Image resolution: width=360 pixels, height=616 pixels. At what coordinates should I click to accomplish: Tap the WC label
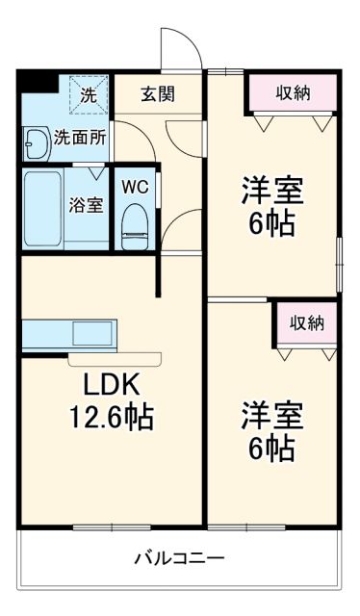[x=133, y=188]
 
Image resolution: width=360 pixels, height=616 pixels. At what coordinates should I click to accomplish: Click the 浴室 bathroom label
[x=86, y=205]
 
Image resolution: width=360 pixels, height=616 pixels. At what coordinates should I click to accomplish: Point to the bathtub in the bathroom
[x=42, y=210]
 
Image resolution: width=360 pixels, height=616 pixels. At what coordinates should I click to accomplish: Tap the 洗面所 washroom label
[x=76, y=137]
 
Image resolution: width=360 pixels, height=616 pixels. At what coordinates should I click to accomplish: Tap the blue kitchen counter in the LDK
[x=67, y=334]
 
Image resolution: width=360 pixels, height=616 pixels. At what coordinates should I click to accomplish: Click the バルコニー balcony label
[x=180, y=558]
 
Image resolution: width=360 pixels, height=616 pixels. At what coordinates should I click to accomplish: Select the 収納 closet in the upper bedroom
[x=293, y=93]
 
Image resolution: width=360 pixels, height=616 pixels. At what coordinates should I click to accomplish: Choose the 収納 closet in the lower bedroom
[x=303, y=321]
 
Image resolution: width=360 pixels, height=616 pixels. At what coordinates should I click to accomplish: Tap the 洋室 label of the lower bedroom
[x=272, y=415]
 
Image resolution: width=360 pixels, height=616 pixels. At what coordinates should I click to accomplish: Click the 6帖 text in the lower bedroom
[x=272, y=449]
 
